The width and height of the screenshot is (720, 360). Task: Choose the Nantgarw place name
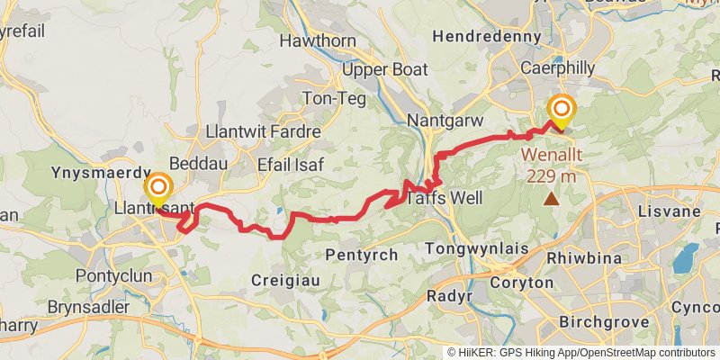click(445, 121)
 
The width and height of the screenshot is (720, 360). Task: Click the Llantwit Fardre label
click(264, 132)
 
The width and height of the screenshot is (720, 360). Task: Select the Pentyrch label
click(364, 255)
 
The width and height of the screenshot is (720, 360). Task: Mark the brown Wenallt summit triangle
click(551, 200)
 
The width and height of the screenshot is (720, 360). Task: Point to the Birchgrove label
click(598, 321)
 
